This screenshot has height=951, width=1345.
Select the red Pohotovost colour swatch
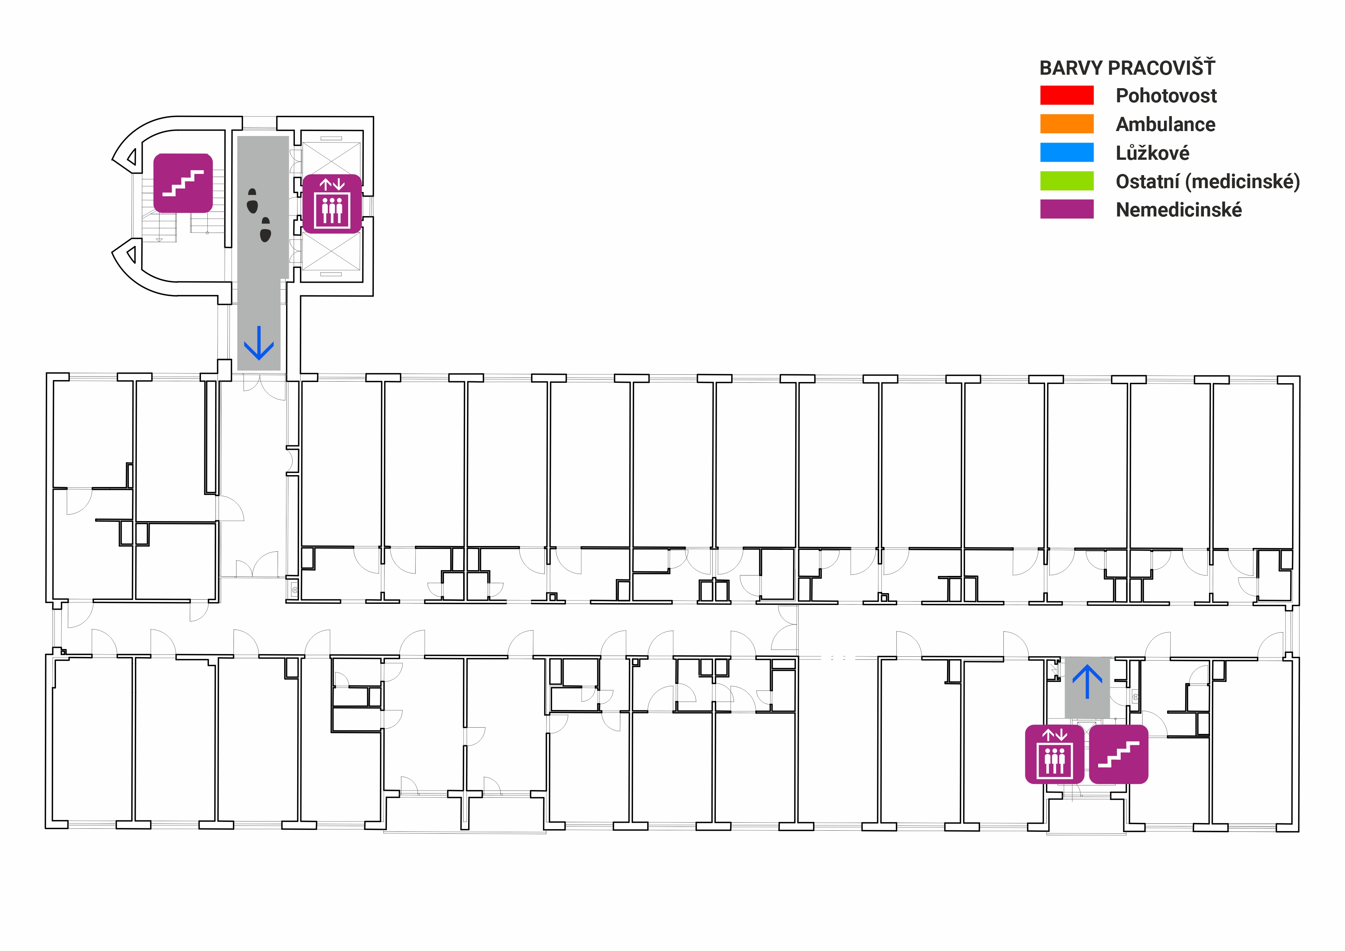(x=1066, y=95)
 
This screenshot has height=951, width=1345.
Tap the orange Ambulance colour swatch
(x=1066, y=123)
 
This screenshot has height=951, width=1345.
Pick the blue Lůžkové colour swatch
(x=1066, y=152)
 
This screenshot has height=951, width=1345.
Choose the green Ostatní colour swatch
(x=1066, y=181)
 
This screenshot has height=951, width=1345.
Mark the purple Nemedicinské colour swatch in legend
(x=1066, y=209)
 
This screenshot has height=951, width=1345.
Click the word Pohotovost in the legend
(x=1166, y=95)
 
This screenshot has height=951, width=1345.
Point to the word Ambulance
(x=1165, y=124)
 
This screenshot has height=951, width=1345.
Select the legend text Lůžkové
(x=1152, y=153)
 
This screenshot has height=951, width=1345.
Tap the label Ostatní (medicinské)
(x=1207, y=182)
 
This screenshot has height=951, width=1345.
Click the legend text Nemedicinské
(x=1179, y=210)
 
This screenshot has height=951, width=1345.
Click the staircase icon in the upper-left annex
(x=183, y=183)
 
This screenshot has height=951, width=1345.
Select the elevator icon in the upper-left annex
(x=332, y=204)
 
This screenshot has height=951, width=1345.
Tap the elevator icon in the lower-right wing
(x=1054, y=754)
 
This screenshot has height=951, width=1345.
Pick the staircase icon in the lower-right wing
(x=1118, y=754)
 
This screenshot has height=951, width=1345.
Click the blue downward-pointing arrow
(x=259, y=343)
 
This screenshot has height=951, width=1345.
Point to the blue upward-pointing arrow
(x=1087, y=681)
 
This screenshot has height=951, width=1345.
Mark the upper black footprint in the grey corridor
(x=253, y=201)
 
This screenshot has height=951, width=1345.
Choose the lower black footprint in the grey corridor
(x=265, y=230)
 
